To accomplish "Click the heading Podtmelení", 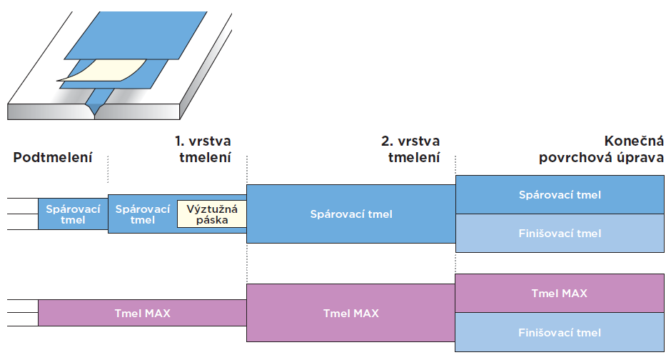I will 53,157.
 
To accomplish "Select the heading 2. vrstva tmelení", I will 413,149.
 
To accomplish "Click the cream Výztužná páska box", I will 212,214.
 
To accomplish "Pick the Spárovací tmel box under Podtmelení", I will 73,214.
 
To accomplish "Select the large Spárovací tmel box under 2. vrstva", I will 350,214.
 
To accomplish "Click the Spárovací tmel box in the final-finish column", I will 560,194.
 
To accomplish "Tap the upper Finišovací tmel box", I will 560,233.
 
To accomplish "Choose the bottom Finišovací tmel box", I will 560,332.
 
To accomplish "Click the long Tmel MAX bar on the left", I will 142,313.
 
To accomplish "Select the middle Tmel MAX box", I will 350,313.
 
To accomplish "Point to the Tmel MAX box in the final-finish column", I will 560,293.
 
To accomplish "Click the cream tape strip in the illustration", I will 114,69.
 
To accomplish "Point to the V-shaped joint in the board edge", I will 94,109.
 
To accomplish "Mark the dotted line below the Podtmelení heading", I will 108,169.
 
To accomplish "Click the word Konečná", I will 634,141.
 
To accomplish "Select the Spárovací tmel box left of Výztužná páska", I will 142,214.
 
